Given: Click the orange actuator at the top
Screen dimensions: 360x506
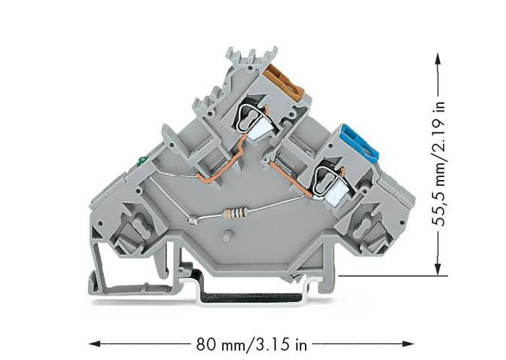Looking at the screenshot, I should tap(284, 83).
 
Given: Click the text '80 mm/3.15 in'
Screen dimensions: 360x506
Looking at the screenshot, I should tap(252, 345).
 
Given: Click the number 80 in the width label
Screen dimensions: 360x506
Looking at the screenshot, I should tap(204, 345).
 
